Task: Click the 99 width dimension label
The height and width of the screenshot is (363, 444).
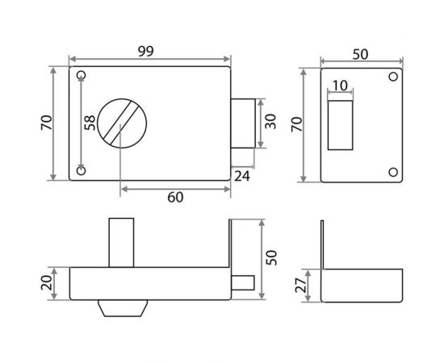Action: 146,51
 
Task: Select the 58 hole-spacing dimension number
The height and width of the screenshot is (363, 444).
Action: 90,123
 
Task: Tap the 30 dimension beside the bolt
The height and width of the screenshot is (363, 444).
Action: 270,121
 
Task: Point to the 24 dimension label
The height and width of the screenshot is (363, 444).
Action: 242,177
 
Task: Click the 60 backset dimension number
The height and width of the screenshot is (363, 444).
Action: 175,197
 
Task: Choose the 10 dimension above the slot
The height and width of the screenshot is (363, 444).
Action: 340,86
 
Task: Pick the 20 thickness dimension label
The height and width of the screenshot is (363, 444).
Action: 47,282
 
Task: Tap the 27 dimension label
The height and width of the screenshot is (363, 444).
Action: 301,285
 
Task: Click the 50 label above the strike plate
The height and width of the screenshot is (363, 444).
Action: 360,54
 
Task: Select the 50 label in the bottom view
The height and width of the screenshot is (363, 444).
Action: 272,257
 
